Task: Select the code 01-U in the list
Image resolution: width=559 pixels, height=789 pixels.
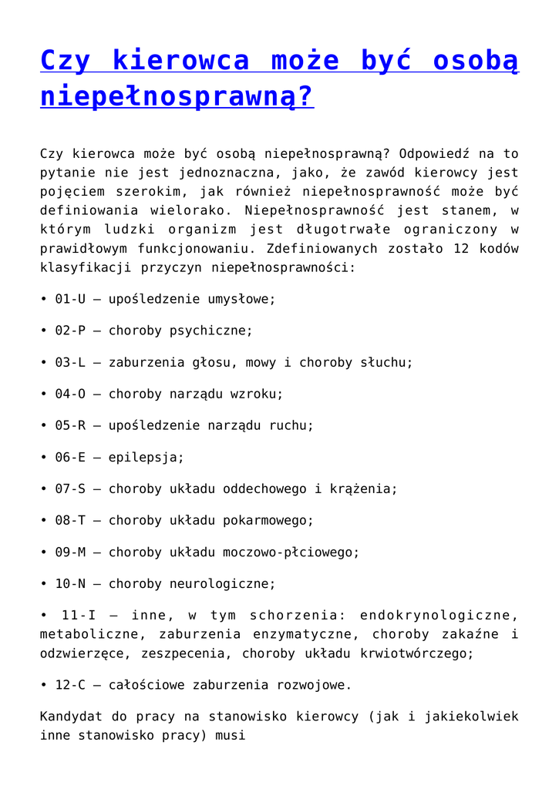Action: tap(70, 299)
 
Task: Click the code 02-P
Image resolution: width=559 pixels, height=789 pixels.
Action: tap(70, 331)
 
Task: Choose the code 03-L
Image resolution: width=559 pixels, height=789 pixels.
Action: tap(70, 362)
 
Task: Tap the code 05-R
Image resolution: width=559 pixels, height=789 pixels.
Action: tap(70, 425)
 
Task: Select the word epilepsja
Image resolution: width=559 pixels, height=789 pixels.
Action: tap(146, 457)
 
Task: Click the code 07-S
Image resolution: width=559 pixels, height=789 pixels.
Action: tap(70, 489)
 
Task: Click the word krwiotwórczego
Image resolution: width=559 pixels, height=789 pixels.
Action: tap(417, 653)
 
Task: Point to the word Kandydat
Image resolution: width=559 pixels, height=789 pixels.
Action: tap(70, 717)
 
